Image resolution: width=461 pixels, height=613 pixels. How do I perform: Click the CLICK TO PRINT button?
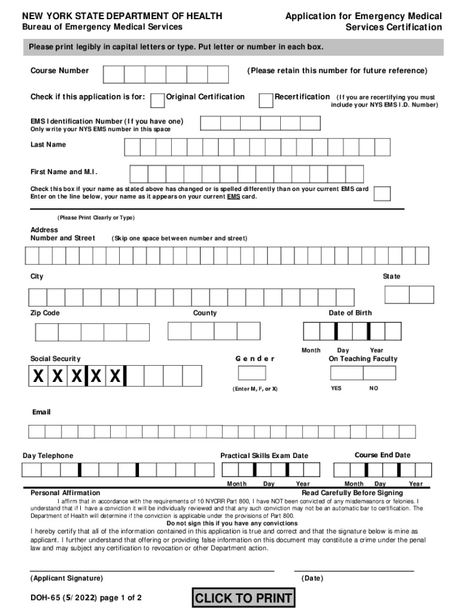[x=243, y=597]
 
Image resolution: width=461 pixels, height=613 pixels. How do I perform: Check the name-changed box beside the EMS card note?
[x=382, y=193]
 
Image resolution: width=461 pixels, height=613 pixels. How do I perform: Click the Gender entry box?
[x=251, y=373]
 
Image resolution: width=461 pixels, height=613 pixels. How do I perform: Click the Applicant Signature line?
[x=152, y=570]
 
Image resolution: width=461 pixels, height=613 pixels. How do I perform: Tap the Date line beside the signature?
[x=354, y=570]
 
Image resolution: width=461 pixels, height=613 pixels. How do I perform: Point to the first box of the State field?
[x=396, y=295]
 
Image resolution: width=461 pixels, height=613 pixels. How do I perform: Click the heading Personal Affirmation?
[x=65, y=493]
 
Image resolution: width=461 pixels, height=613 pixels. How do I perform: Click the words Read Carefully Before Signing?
[x=352, y=493]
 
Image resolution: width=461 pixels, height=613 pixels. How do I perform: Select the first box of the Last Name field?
[x=132, y=147]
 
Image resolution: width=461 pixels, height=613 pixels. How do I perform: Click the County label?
[x=205, y=313]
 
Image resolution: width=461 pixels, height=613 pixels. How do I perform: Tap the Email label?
[x=41, y=412]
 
